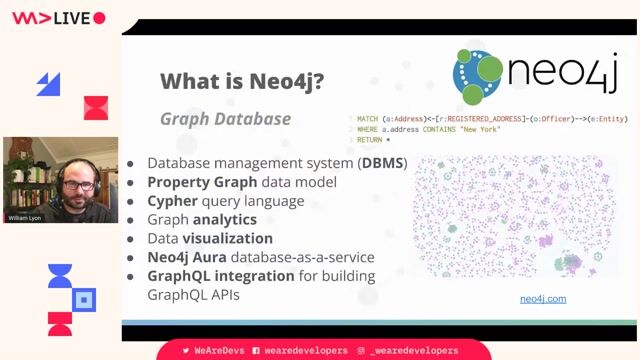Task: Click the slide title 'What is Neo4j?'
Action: [x=241, y=82]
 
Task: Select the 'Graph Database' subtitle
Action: [x=225, y=119]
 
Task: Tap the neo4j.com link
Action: [x=543, y=299]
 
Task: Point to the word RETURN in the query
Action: [x=370, y=141]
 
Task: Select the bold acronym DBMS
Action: [x=383, y=163]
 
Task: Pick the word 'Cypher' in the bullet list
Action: [x=173, y=201]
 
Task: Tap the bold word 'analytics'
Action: [x=224, y=219]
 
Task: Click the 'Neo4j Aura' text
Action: [x=189, y=257]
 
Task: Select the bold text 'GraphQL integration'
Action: [x=221, y=276]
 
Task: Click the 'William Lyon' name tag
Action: [x=25, y=217]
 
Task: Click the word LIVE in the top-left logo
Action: [x=71, y=18]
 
